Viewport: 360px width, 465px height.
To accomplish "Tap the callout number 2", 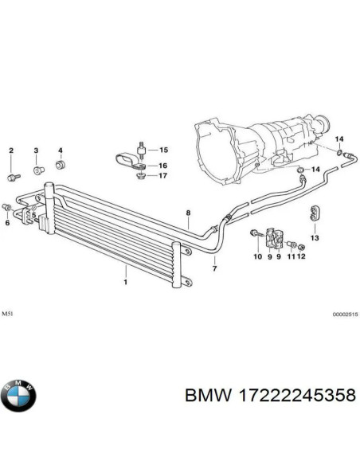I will click(12, 150).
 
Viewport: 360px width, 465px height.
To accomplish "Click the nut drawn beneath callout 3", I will click(60, 150).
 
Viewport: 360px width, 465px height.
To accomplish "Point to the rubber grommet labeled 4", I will click(60, 166).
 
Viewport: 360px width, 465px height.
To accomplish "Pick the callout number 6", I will click(8, 223).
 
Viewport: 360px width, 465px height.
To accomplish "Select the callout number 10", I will click(257, 256).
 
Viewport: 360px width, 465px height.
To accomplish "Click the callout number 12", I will click(301, 256).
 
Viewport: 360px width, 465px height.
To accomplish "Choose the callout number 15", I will click(164, 150).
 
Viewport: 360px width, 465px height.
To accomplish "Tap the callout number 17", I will click(164, 175).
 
